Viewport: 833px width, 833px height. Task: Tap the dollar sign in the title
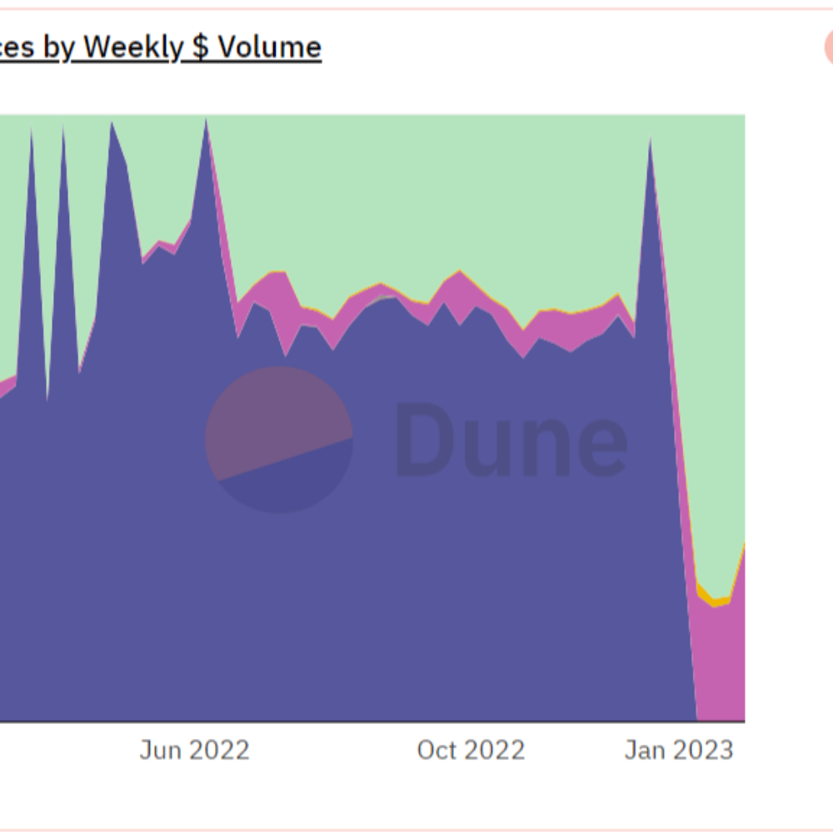[201, 47]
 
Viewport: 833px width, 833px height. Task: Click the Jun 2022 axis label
[194, 751]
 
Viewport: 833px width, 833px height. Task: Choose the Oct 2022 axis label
[471, 751]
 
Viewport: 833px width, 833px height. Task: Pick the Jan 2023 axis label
[679, 751]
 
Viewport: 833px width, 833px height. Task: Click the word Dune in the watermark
[511, 440]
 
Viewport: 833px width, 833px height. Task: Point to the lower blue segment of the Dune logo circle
[292, 479]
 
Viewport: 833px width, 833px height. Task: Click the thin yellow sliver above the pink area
[715, 600]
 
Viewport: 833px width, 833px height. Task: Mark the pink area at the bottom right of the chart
[721, 666]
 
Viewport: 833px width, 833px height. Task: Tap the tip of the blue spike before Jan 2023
[650, 140]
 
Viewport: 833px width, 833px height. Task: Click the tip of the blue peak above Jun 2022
[206, 122]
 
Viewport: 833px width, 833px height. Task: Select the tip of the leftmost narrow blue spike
[32, 132]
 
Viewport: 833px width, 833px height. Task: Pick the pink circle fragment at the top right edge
[829, 48]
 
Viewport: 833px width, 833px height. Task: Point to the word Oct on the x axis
[437, 751]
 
